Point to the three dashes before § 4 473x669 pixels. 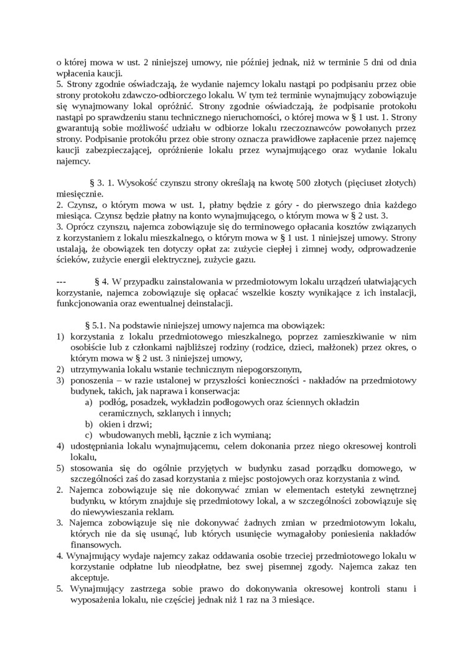(61, 281)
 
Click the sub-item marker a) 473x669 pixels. (90, 402)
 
